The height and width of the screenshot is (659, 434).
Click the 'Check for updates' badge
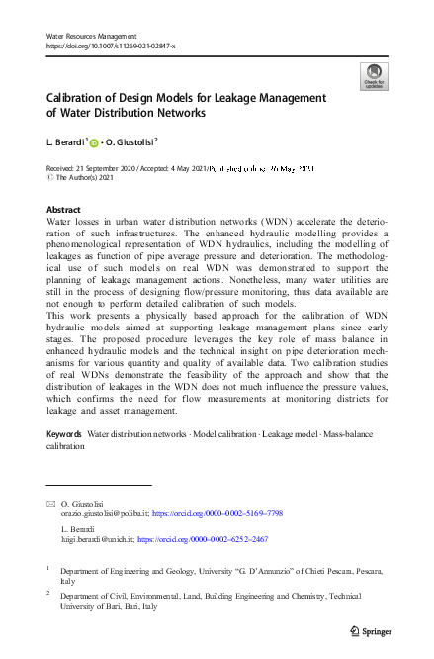click(373, 76)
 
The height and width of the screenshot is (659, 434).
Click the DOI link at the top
click(111, 46)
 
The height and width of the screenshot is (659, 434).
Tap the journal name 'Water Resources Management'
click(92, 36)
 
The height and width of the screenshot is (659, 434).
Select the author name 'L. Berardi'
click(66, 141)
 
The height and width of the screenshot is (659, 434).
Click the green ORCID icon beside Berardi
click(97, 141)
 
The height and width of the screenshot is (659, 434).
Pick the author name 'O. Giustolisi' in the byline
click(135, 141)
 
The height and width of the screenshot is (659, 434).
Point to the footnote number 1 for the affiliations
click(48, 569)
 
